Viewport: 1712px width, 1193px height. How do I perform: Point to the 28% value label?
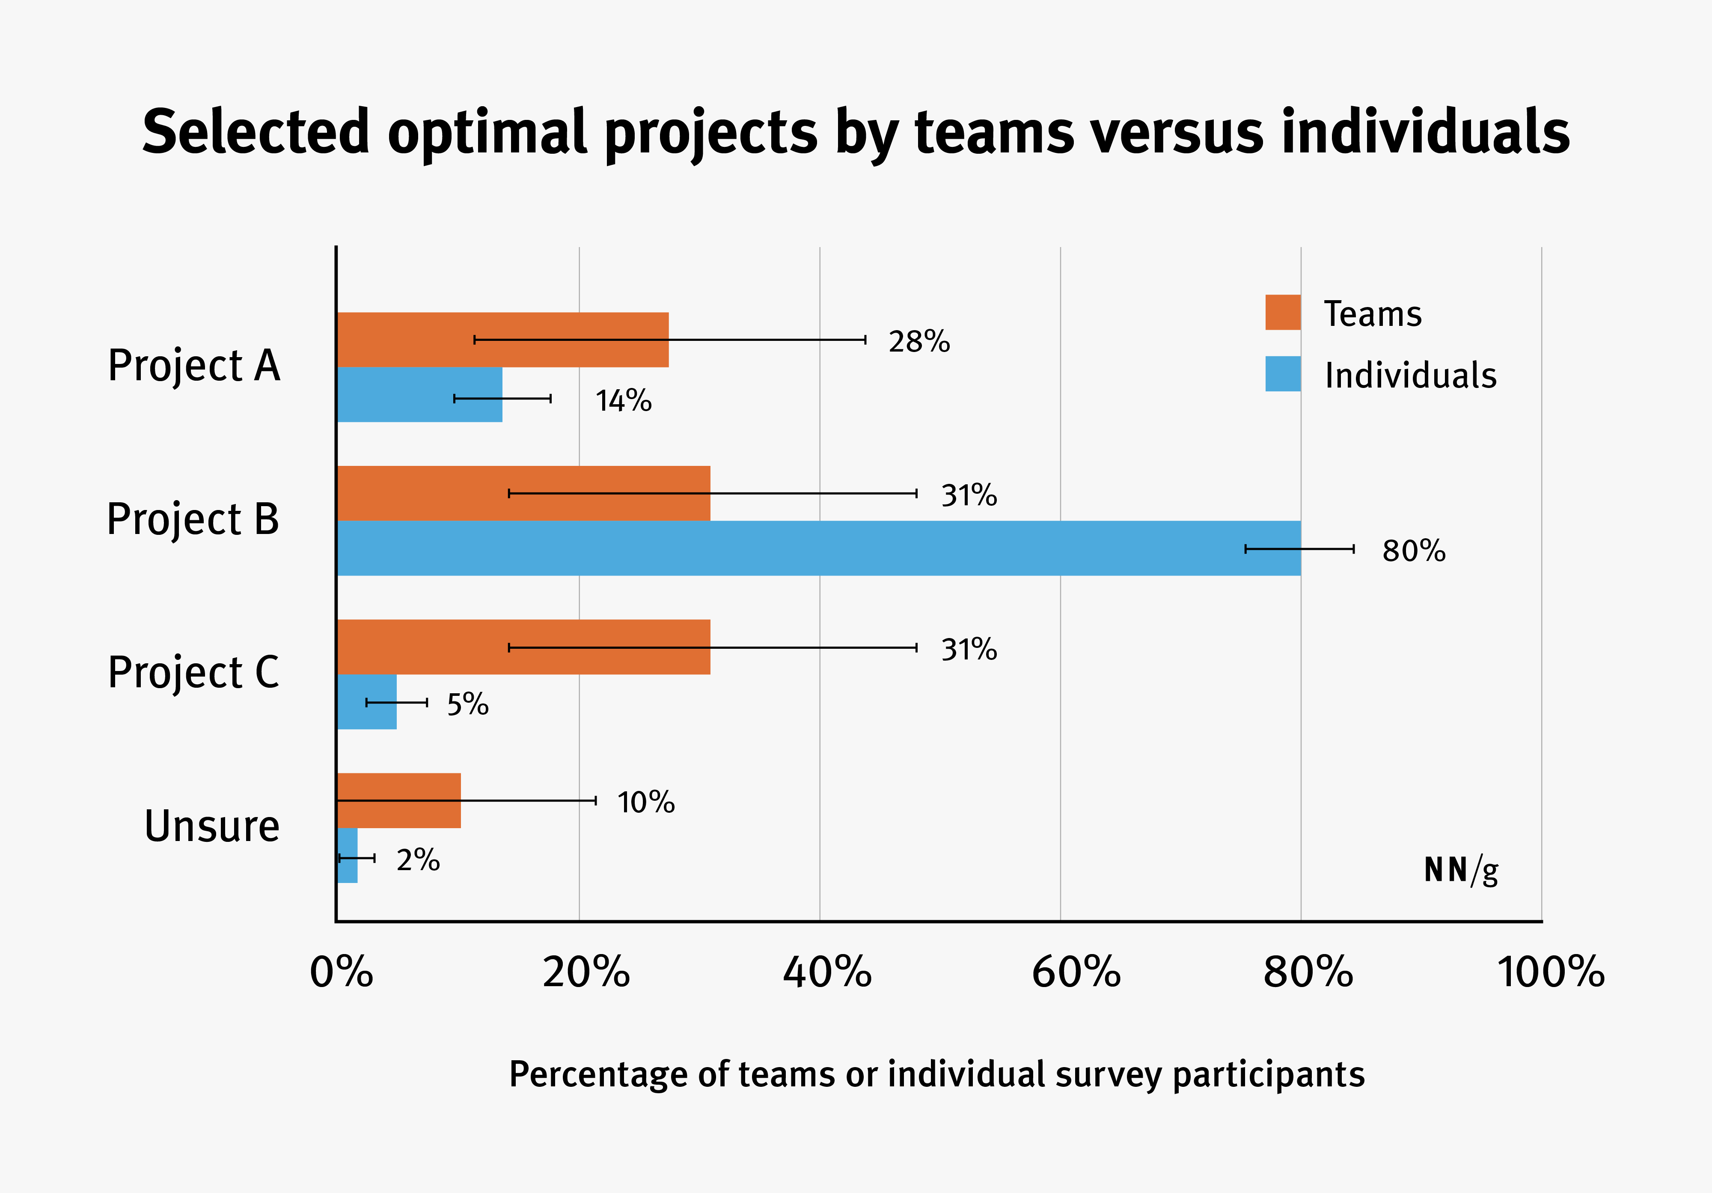[x=918, y=342]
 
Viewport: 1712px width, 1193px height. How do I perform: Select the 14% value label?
[x=623, y=401]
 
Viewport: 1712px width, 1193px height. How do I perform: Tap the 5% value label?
[x=467, y=704]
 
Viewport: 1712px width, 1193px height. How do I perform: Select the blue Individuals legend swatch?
[x=1283, y=374]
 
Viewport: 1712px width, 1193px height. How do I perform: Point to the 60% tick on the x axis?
[x=1076, y=972]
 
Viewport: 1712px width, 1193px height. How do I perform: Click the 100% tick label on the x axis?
[x=1550, y=972]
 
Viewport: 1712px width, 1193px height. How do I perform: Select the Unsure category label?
[x=212, y=826]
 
